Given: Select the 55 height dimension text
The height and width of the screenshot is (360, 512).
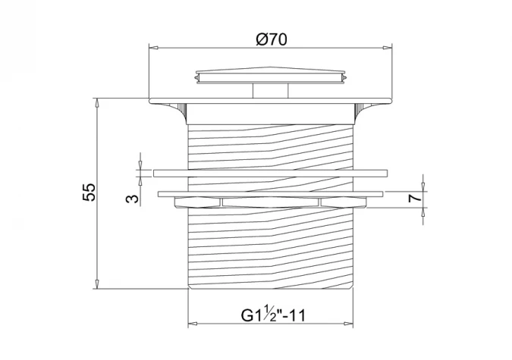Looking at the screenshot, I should coord(89,193).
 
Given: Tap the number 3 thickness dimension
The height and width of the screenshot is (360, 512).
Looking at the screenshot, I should coord(130,198).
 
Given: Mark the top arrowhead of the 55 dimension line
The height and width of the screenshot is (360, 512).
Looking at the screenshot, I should coord(97,102).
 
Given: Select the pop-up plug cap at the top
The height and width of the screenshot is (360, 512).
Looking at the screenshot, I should coord(271,76).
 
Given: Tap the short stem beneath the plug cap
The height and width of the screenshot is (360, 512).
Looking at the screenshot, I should coord(271,91).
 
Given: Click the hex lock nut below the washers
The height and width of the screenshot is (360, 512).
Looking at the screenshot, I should coord(271,202).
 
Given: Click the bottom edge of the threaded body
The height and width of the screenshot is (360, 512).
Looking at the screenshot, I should coord(270,287).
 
